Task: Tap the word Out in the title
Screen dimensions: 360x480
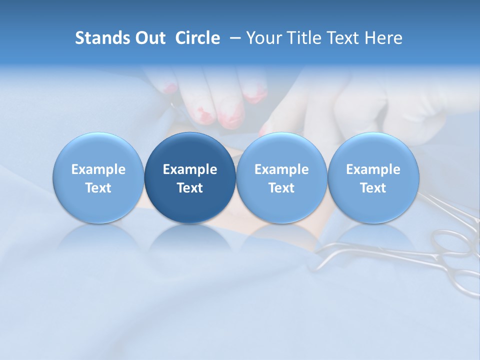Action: click(149, 38)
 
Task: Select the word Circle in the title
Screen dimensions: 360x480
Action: click(197, 38)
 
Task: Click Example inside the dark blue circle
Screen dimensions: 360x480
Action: click(190, 169)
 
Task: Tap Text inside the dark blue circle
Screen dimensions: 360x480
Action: click(190, 188)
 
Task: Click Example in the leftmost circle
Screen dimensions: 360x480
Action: click(98, 169)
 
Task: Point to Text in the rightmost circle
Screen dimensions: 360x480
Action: click(373, 188)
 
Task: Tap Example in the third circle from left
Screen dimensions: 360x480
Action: click(281, 169)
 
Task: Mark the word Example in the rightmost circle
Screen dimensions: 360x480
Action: click(373, 169)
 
